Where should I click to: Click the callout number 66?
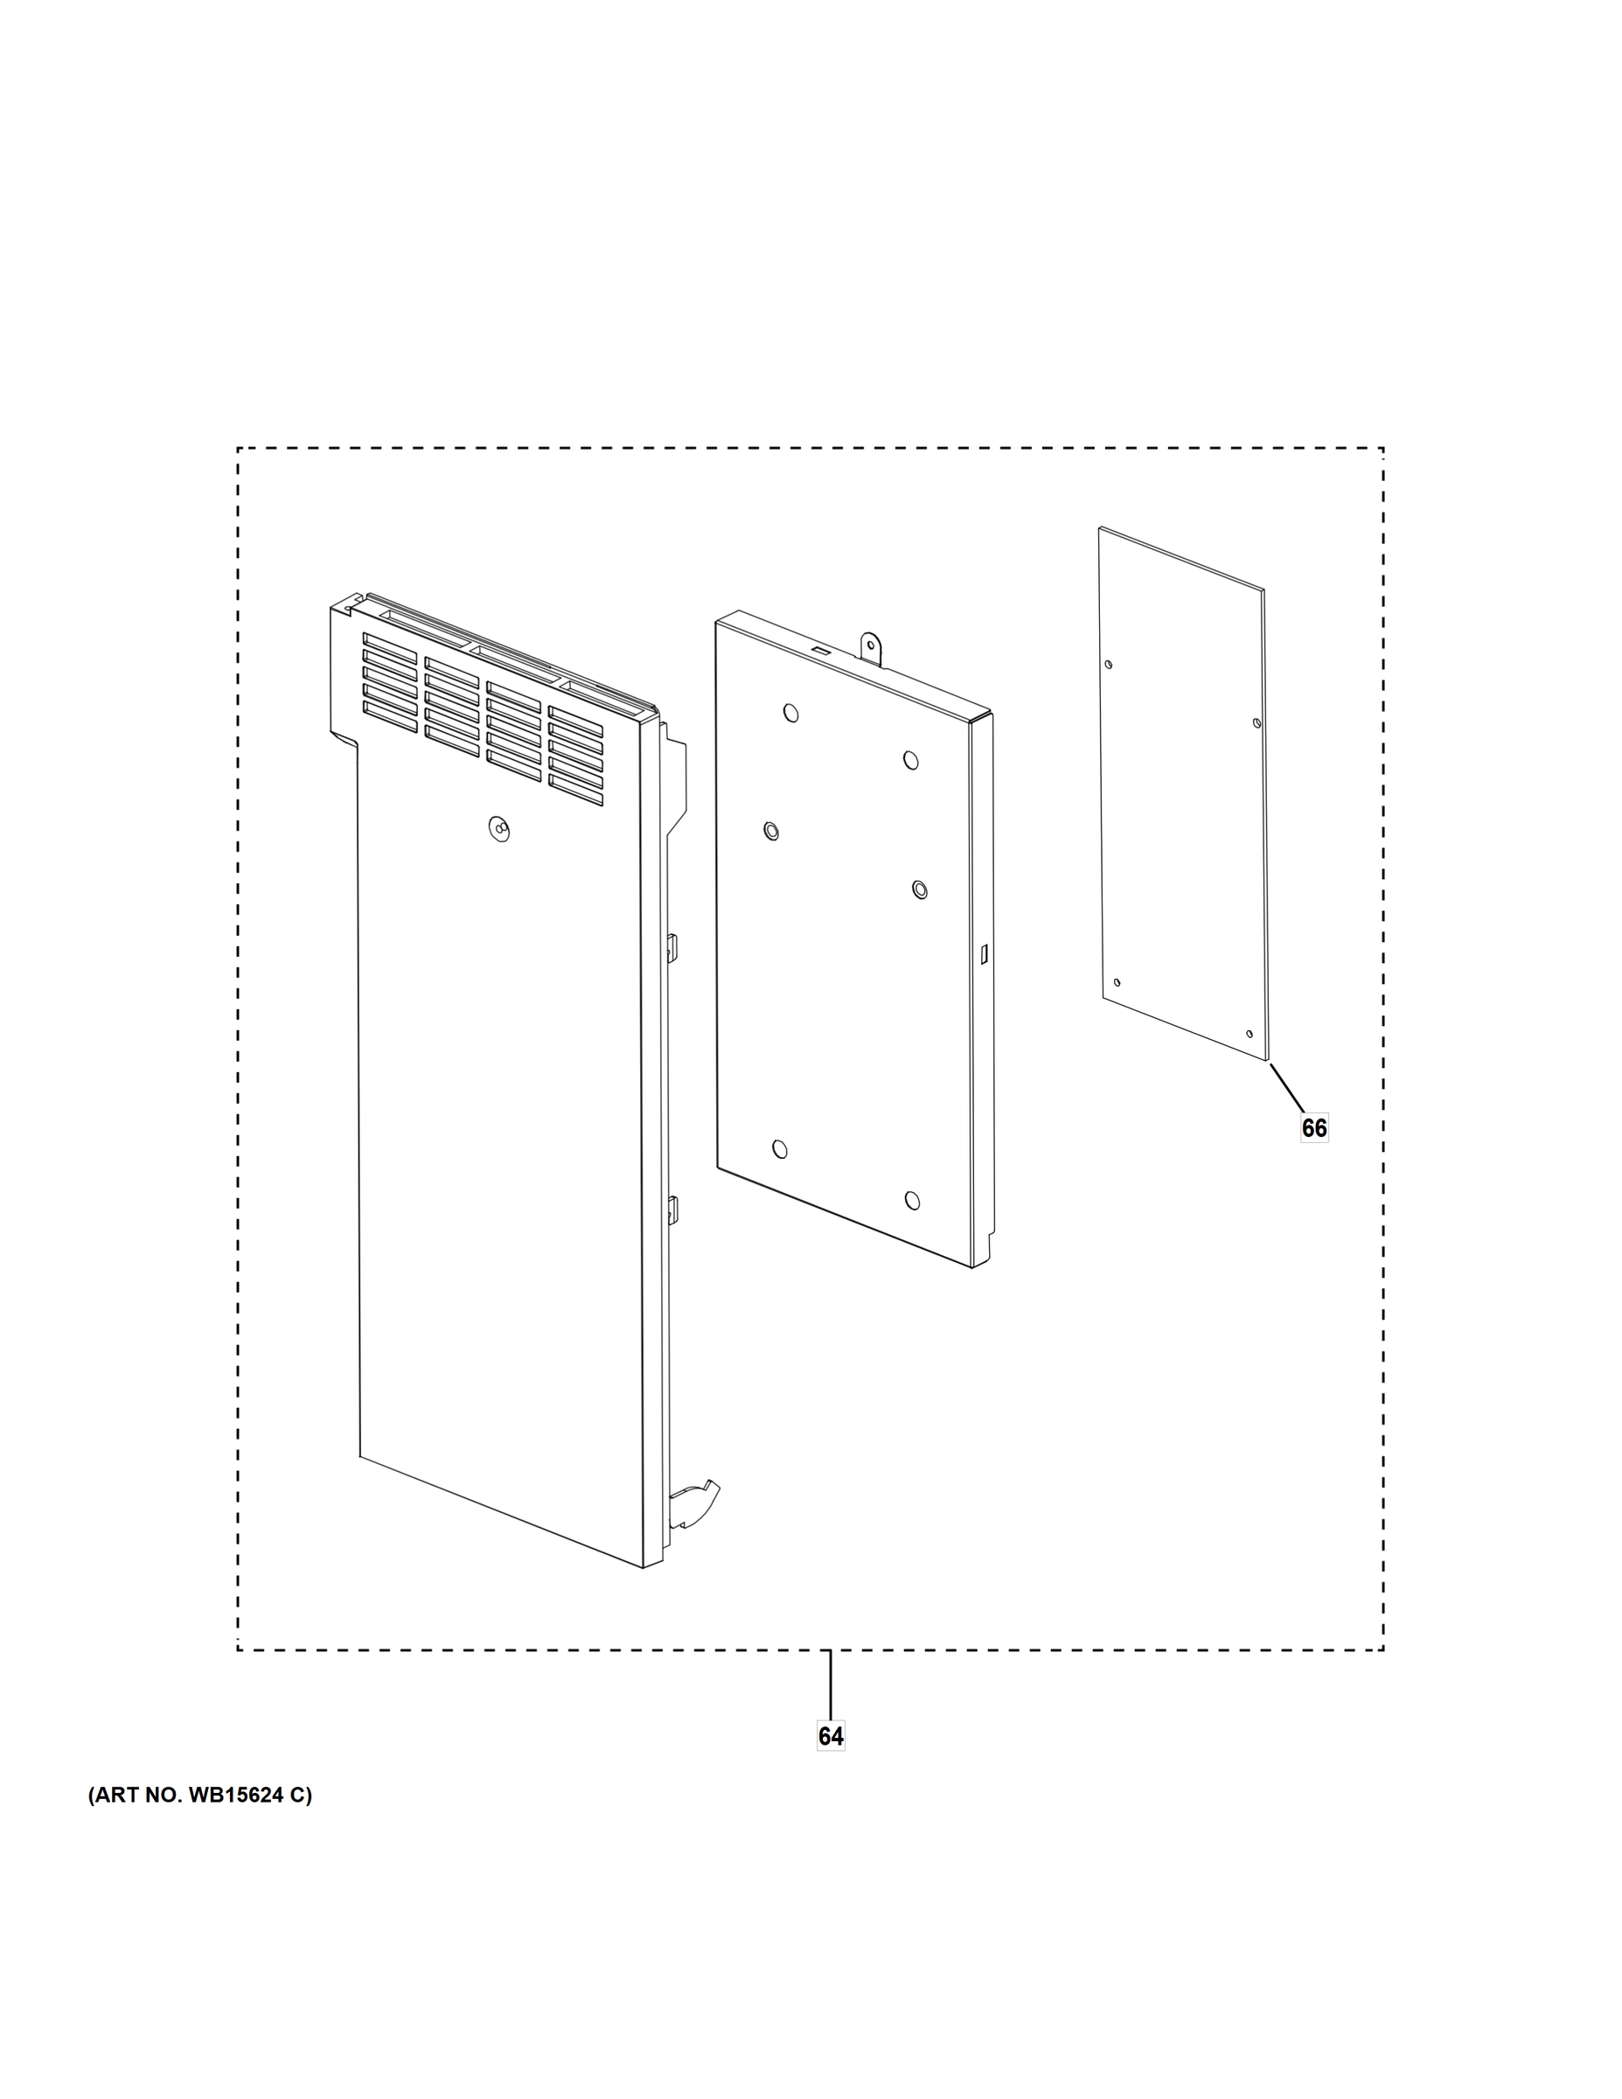(1313, 1127)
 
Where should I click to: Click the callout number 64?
(830, 1736)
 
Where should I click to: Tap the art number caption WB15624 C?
(201, 1795)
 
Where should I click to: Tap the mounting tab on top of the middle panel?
(871, 647)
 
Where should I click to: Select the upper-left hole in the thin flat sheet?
(1109, 664)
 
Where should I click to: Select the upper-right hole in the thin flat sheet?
(1257, 722)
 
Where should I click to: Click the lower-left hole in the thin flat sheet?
(1116, 982)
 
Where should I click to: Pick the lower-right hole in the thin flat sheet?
(1250, 1034)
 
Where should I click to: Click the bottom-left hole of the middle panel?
(779, 1148)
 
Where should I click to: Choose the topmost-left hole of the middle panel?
(790, 712)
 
